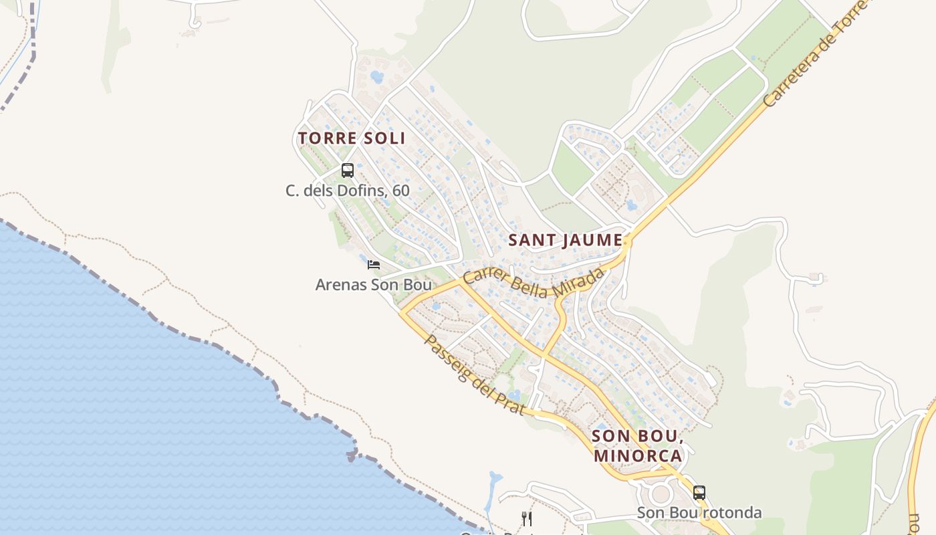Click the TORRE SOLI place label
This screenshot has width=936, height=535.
click(352, 138)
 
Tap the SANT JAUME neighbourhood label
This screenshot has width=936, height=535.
click(566, 240)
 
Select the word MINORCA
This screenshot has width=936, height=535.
click(638, 456)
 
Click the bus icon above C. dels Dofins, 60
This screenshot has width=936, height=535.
click(347, 170)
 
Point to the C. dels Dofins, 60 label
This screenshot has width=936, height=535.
click(347, 191)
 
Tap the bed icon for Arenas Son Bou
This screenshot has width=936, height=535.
click(374, 265)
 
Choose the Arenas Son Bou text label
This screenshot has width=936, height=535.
click(373, 285)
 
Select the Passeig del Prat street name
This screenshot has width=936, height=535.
click(474, 374)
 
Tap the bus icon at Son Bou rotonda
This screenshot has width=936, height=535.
click(699, 493)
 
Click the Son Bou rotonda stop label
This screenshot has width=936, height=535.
click(699, 513)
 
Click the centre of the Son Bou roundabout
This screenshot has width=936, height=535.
click(661, 494)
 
